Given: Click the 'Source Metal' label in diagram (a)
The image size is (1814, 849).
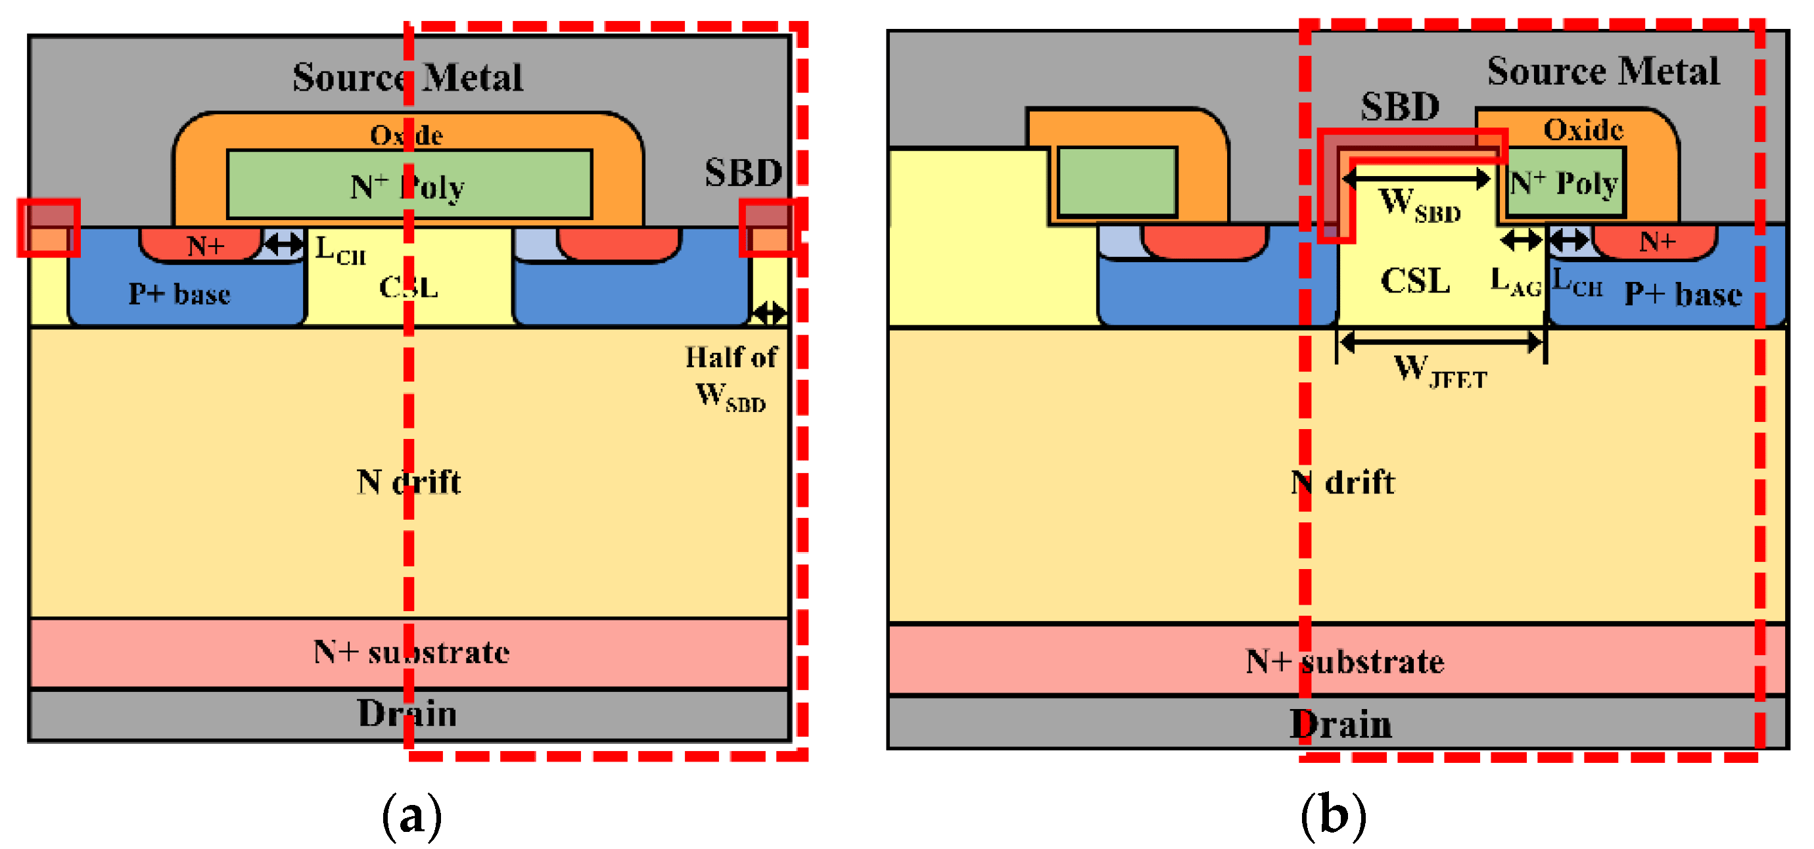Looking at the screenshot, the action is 407,77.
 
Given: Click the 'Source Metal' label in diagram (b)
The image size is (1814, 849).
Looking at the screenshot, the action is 1603,71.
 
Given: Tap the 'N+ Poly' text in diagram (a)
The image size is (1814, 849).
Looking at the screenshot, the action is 407,186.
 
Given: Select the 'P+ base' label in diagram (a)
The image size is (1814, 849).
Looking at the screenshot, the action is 179,294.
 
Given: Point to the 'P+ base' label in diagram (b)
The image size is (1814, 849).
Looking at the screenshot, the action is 1683,294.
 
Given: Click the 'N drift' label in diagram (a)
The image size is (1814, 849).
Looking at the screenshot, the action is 408,482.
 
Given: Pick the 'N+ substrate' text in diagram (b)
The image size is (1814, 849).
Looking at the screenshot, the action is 1344,662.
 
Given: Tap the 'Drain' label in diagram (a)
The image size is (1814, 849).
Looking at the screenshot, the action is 407,713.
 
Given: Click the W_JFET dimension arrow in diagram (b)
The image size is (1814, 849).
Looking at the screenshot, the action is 1441,343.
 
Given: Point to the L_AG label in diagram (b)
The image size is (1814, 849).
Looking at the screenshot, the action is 1516,282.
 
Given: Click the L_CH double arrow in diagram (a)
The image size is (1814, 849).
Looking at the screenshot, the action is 283,244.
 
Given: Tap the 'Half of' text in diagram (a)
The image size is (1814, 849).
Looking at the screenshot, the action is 731,357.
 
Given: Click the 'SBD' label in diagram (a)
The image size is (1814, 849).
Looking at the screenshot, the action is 743,172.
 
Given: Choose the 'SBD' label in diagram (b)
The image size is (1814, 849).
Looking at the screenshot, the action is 1400,107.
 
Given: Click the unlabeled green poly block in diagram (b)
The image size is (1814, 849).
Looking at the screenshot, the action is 1117,181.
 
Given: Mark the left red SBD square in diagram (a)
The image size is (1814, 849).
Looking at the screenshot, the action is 49,227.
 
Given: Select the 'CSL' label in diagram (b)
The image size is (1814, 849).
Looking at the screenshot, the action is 1416,281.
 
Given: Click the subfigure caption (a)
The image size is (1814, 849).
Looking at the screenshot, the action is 412,816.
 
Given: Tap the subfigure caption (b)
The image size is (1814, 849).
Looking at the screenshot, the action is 1333,816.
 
